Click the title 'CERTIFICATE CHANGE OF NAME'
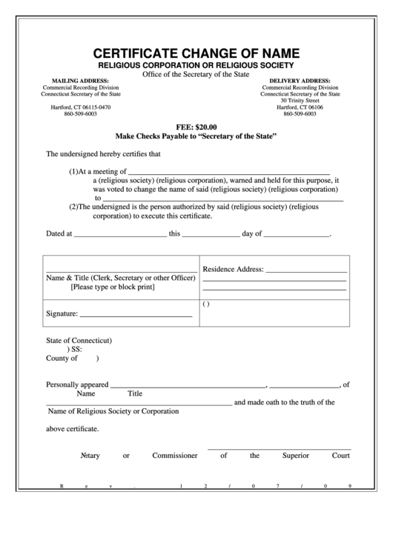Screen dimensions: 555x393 (x=196, y=53)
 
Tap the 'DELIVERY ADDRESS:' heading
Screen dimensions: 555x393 (x=300, y=80)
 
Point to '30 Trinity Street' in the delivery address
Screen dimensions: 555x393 (x=300, y=101)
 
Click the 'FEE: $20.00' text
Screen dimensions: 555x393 (x=196, y=127)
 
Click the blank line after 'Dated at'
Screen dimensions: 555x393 (x=120, y=234)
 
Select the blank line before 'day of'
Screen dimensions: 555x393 (x=211, y=234)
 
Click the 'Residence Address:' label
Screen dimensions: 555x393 (x=234, y=269)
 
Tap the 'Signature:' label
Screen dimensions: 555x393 (x=62, y=314)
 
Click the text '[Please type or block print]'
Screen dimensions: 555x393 (x=113, y=287)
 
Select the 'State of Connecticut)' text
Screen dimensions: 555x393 (x=79, y=341)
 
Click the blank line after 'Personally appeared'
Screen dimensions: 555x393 (x=188, y=385)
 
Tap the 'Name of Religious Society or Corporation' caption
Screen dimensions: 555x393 (x=113, y=411)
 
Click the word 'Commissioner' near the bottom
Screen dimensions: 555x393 (x=175, y=455)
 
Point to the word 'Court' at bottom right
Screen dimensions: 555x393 (x=341, y=455)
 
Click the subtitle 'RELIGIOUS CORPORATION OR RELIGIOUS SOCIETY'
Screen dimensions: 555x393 (x=196, y=65)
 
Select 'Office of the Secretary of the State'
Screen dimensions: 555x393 (x=196, y=74)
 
